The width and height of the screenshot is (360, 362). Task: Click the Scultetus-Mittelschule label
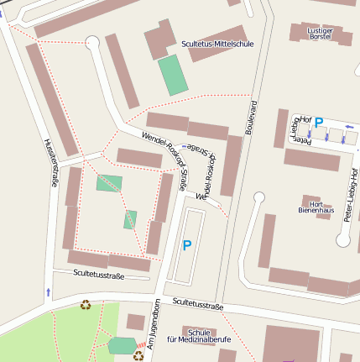217,43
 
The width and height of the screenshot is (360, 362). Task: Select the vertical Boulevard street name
249,117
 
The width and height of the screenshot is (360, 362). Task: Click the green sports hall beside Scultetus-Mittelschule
174,75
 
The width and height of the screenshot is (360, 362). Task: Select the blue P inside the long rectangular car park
186,246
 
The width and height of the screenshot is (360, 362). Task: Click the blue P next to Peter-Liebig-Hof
318,123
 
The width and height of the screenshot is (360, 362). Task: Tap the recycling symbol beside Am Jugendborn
138,356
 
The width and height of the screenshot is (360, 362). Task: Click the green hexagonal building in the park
122,345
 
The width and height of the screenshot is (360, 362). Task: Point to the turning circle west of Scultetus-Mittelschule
92,42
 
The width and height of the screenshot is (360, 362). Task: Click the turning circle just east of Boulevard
258,198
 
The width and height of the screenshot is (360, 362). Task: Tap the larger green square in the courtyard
108,182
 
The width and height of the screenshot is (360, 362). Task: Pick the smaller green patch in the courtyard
130,219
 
